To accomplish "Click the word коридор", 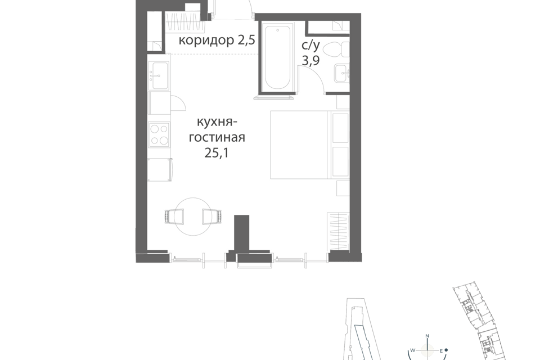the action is pyautogui.click(x=206, y=40).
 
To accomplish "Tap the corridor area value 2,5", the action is pyautogui.click(x=246, y=40).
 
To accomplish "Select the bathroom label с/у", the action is pyautogui.click(x=310, y=45).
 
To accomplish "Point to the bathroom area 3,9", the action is pyautogui.click(x=310, y=61).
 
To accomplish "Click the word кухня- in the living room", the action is pyautogui.click(x=217, y=122).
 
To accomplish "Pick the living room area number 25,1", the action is pyautogui.click(x=217, y=152).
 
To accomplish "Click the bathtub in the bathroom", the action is pyautogui.click(x=277, y=57).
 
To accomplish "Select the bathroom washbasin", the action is pyautogui.click(x=341, y=73).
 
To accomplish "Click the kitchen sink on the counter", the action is pyautogui.click(x=159, y=75).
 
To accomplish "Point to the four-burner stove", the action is pyautogui.click(x=159, y=134).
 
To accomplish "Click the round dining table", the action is pyautogui.click(x=193, y=217).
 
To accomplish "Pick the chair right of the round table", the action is pyautogui.click(x=212, y=217).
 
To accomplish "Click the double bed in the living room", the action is pyautogui.click(x=310, y=145).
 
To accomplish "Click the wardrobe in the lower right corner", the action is pyautogui.click(x=338, y=231).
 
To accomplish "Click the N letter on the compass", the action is pyautogui.click(x=427, y=336).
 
